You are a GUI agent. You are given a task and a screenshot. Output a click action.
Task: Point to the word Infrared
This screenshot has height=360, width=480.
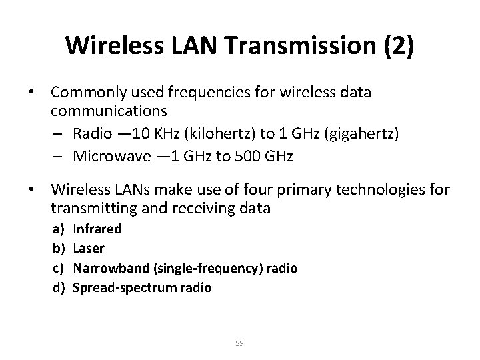97,229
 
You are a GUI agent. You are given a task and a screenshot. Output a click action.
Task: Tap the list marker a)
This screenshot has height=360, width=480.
59,229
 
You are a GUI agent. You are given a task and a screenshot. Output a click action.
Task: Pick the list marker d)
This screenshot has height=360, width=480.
59,287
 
